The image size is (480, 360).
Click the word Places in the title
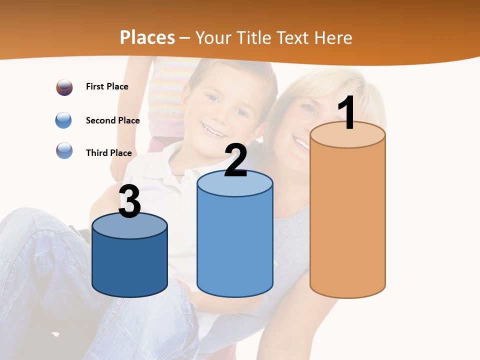click(147, 37)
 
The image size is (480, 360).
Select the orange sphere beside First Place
click(64, 87)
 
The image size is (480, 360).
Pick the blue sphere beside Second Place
click(63, 120)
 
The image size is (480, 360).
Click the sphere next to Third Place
click(64, 150)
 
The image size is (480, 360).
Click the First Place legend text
click(107, 86)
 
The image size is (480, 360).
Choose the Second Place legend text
click(112, 120)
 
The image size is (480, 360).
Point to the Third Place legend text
click(108, 153)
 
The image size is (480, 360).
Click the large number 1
click(347, 113)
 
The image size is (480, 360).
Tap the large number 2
click(235, 160)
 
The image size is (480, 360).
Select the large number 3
click(129, 202)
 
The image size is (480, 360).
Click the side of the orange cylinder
click(347, 220)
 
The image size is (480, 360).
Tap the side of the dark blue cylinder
click(129, 265)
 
